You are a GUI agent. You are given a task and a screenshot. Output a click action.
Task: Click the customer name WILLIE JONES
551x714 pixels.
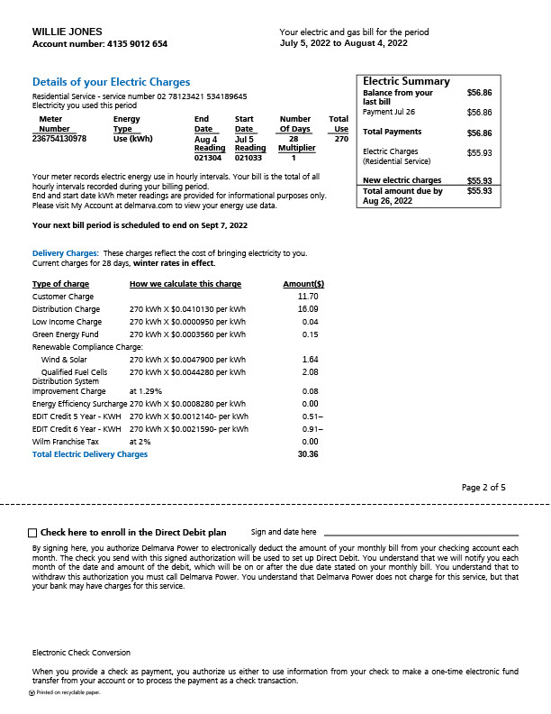(x=68, y=32)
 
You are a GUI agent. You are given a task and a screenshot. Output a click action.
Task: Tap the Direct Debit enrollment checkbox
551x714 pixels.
(x=32, y=533)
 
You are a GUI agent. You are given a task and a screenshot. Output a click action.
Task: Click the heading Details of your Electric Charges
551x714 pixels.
(x=111, y=82)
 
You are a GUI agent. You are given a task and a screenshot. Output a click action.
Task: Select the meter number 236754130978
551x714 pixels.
(x=59, y=139)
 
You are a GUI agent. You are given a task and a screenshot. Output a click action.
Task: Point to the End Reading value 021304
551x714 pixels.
(x=207, y=158)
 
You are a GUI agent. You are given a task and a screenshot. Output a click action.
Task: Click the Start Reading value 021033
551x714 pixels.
(x=248, y=158)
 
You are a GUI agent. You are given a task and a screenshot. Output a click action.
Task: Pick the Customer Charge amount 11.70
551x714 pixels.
(x=307, y=297)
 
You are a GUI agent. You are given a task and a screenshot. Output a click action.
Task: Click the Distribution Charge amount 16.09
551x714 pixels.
(x=307, y=309)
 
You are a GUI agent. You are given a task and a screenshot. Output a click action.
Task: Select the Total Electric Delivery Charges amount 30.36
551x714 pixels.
(x=307, y=454)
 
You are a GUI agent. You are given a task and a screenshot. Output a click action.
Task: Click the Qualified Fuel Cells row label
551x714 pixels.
(x=74, y=371)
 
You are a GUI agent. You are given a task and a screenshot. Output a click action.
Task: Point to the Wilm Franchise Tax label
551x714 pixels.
(x=66, y=442)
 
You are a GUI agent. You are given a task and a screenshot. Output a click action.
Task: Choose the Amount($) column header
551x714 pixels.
(x=303, y=284)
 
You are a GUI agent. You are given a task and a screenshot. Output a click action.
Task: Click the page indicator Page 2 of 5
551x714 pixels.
(x=483, y=488)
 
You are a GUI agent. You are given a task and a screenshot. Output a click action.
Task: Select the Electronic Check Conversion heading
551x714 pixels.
(x=81, y=652)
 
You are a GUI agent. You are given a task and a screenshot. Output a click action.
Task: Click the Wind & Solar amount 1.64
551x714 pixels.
(x=310, y=360)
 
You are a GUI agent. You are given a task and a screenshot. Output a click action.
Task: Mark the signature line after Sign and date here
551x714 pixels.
(x=420, y=535)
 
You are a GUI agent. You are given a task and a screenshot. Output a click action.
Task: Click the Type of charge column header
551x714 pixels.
(x=60, y=284)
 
